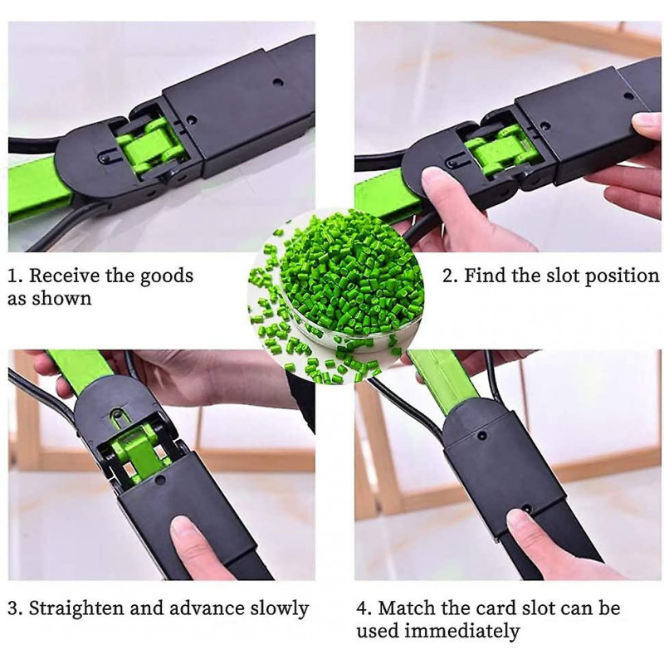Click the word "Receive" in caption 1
point(70,276)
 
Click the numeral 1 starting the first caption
point(12,276)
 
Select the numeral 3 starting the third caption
point(12,608)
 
